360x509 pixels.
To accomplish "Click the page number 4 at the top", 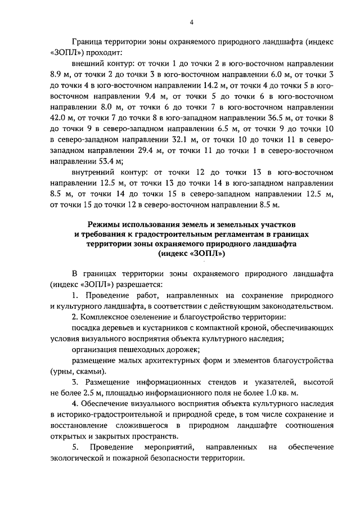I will coord(191,22).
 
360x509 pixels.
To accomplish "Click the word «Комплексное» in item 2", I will coord(107,317).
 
